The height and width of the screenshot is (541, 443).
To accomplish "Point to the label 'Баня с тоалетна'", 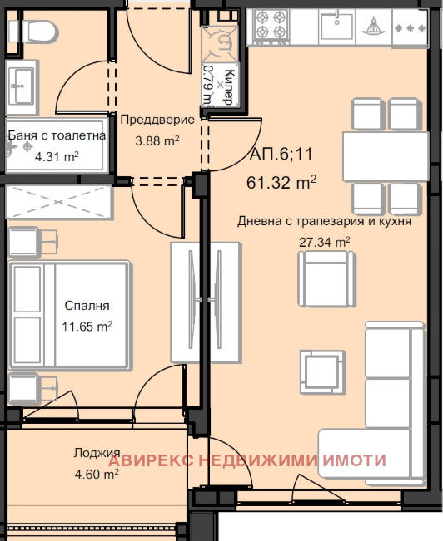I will tap(56, 136).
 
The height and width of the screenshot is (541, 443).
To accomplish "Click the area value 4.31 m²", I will tap(57, 155).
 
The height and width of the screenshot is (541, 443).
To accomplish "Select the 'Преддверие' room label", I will tap(157, 120).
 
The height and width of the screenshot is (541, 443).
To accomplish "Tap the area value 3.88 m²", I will tap(157, 140).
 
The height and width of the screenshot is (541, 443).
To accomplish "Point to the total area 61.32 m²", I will tap(281, 182).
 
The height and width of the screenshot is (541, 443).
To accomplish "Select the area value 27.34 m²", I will tap(324, 243).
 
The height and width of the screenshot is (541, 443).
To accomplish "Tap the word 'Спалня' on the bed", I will tap(86, 306).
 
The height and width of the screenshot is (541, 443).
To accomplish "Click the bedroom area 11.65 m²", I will tap(87, 326).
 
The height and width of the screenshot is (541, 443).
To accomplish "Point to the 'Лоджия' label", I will tap(92, 454).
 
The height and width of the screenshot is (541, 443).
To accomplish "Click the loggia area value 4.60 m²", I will tap(92, 474).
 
